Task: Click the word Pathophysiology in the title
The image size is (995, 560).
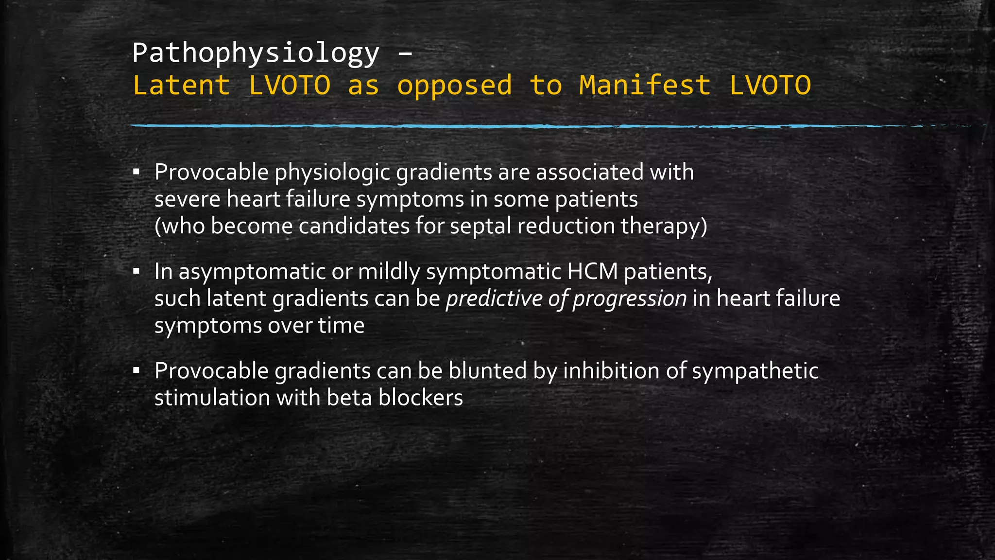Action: pyautogui.click(x=256, y=53)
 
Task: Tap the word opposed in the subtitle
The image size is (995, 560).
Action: pyautogui.click(x=455, y=86)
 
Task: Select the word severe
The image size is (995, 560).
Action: pyautogui.click(x=188, y=199)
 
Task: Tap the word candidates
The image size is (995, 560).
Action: pyautogui.click(x=354, y=226)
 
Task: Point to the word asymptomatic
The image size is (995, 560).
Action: pyautogui.click(x=252, y=272)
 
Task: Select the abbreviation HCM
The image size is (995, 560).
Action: pyautogui.click(x=592, y=271)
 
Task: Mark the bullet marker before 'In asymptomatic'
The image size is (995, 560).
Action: pyautogui.click(x=137, y=271)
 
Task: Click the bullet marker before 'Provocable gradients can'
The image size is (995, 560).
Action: pyautogui.click(x=137, y=371)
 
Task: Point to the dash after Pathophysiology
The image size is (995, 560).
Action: pyautogui.click(x=405, y=54)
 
